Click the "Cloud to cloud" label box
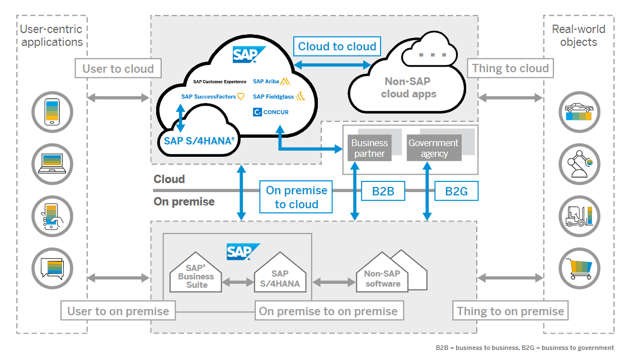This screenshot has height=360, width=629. [x=337, y=46]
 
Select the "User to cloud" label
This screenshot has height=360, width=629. [x=118, y=69]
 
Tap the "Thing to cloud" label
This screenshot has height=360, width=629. [x=510, y=69]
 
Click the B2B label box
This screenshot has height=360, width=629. [x=383, y=191]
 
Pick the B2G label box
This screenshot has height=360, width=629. [x=456, y=191]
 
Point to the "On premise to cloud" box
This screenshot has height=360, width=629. [x=296, y=197]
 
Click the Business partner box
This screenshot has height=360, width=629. [x=369, y=148]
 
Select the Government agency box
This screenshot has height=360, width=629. [x=434, y=148]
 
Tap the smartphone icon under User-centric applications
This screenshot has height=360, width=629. [x=53, y=112]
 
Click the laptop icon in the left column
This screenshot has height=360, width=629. [x=53, y=163]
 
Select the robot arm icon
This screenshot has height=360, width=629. [x=579, y=163]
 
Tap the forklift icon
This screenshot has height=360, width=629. [x=579, y=214]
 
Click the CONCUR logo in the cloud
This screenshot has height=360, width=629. [x=271, y=112]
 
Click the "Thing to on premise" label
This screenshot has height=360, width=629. [x=510, y=311]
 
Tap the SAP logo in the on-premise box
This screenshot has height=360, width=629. [x=243, y=252]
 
